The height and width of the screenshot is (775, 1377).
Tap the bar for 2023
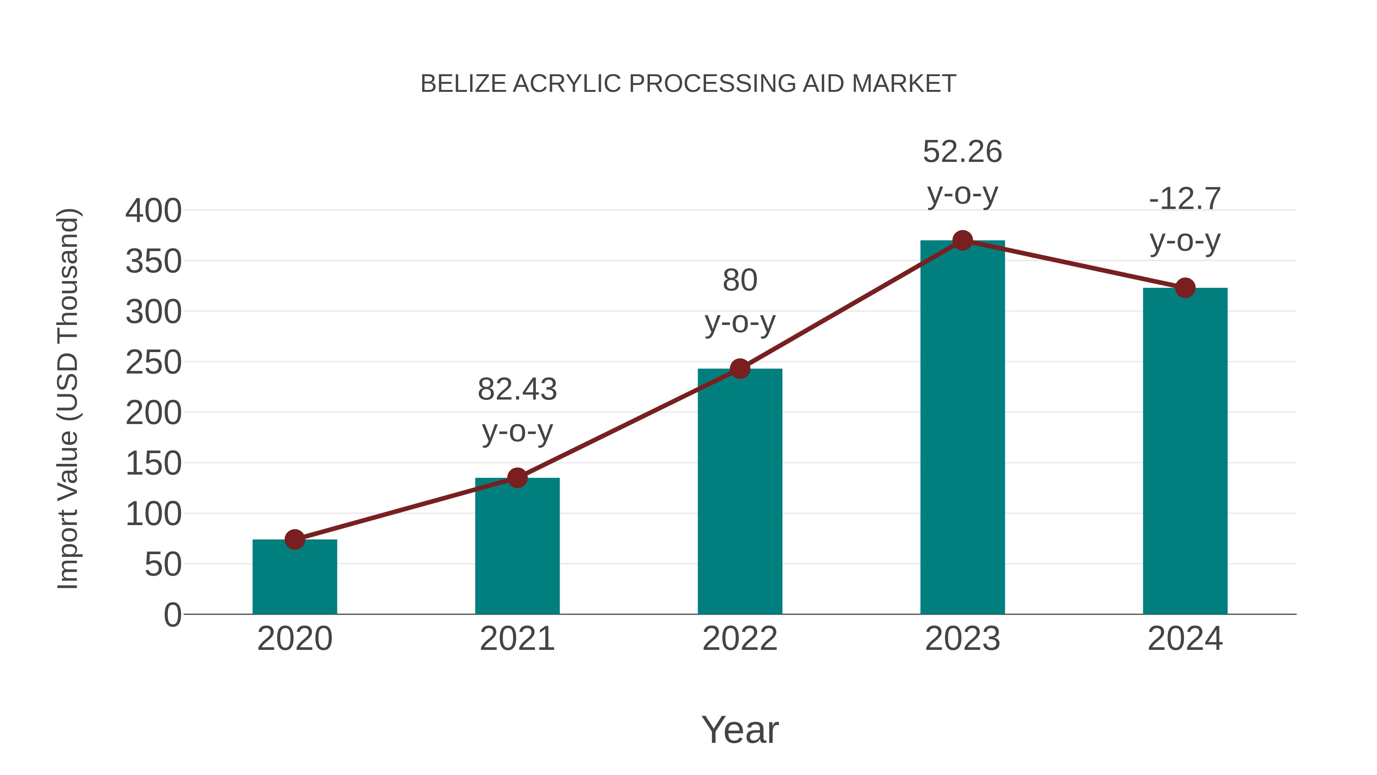[x=962, y=428]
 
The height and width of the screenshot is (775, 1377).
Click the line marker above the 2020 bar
[x=295, y=540]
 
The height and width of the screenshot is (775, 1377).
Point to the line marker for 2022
[x=740, y=369]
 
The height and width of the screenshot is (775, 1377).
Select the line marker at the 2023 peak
[x=962, y=241]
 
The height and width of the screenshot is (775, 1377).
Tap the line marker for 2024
[x=1185, y=288]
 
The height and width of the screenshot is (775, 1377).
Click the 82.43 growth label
[x=517, y=389]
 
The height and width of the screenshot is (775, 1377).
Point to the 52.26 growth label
[x=962, y=152]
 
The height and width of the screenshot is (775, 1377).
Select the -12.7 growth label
[x=1185, y=199]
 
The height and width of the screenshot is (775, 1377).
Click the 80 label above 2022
[x=740, y=280]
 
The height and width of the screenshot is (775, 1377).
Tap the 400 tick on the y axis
[x=153, y=211]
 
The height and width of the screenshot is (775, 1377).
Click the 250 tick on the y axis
[x=153, y=363]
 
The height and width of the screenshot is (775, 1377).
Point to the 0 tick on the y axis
[x=173, y=615]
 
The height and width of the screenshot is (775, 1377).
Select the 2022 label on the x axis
[x=740, y=639]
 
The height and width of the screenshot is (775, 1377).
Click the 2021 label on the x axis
[x=517, y=639]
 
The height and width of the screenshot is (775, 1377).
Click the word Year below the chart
[x=740, y=729]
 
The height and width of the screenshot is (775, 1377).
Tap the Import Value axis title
[x=68, y=398]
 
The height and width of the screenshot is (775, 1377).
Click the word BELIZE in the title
[x=463, y=84]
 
